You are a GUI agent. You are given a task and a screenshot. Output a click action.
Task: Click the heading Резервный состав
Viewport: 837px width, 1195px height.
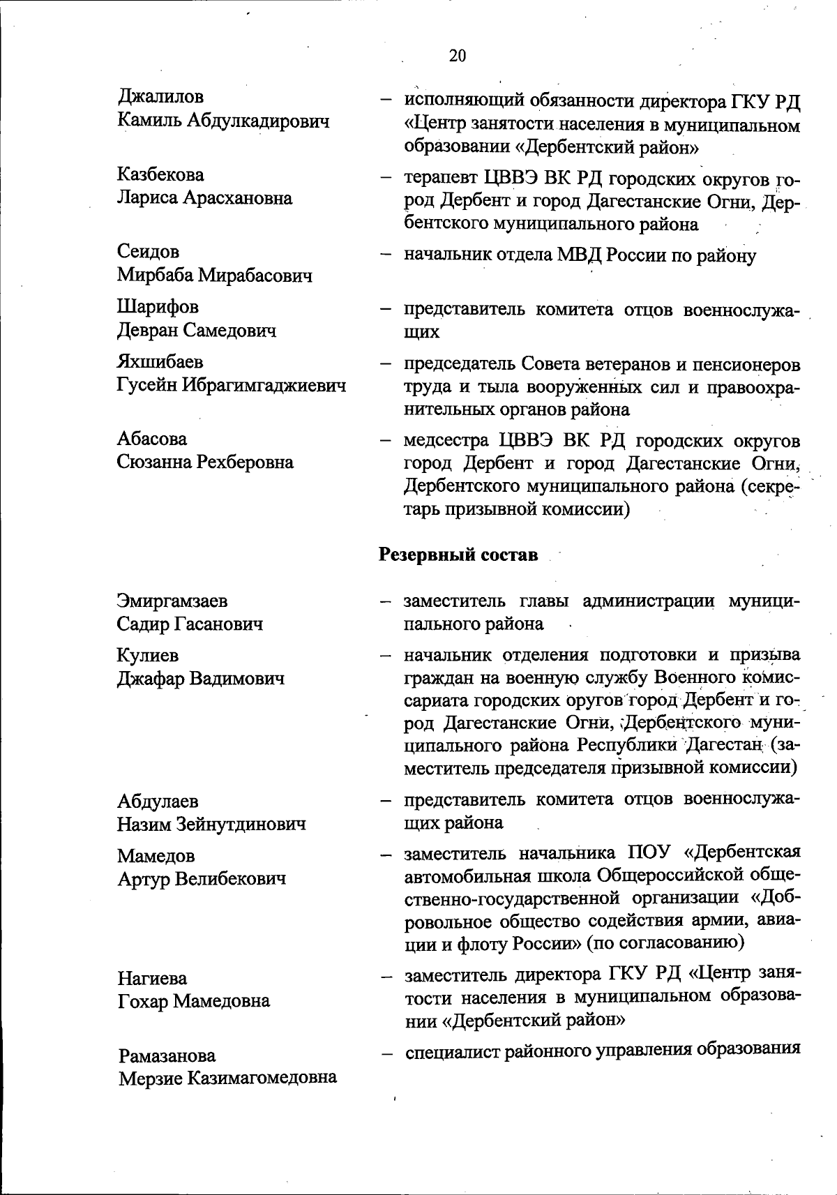pyautogui.click(x=458, y=555)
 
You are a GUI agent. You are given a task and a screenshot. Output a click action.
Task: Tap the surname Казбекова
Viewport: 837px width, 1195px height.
pyautogui.click(x=160, y=174)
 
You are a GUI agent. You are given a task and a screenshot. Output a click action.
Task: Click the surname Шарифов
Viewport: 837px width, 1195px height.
pyautogui.click(x=158, y=307)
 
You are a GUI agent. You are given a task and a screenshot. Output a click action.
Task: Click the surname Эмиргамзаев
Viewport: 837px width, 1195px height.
pyautogui.click(x=172, y=601)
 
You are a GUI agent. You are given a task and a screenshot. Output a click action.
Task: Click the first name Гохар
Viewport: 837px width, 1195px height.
pyautogui.click(x=143, y=1002)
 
